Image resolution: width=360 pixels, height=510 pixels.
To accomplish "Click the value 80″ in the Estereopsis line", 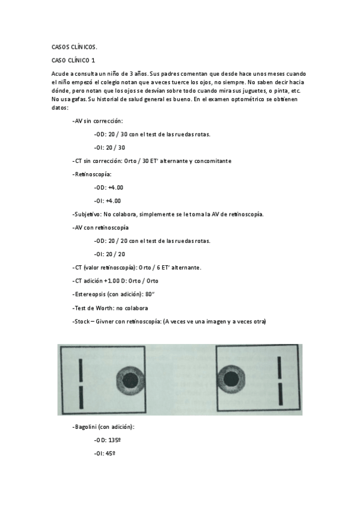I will click(x=153, y=295).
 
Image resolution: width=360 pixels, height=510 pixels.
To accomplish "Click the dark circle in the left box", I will click(x=130, y=380).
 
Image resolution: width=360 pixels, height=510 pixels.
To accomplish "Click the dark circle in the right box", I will click(x=230, y=379).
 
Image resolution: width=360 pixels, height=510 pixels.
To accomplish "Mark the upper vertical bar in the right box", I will click(x=279, y=367).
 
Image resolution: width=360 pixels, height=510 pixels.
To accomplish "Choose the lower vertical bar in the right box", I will click(x=279, y=395).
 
